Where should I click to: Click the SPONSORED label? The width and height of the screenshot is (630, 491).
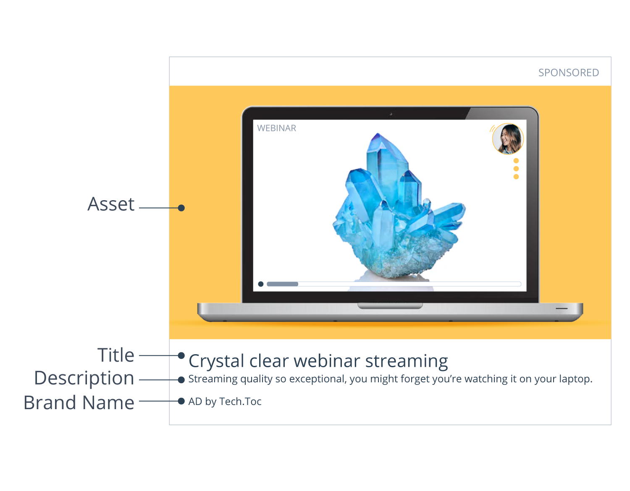coord(568,73)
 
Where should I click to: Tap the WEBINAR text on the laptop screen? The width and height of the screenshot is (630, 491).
coord(276,128)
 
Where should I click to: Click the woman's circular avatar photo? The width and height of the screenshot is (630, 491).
coord(508,139)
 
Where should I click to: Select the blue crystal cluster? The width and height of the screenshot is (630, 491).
coord(399,206)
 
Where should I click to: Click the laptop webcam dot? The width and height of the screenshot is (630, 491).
coord(391,114)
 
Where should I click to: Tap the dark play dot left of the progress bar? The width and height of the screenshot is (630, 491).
coord(261,284)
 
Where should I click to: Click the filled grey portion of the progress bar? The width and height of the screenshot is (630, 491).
coord(282,284)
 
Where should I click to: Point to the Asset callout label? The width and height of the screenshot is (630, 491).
coord(111,204)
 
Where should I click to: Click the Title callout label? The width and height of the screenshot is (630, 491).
coord(115,355)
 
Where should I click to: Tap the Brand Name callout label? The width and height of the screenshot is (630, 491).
coord(79,402)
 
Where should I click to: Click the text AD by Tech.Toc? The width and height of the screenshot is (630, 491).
coord(225,402)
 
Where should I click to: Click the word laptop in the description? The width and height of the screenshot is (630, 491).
coord(575,379)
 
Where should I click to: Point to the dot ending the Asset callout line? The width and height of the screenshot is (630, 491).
coord(181,208)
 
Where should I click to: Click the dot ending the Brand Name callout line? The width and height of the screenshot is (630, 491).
coord(181,401)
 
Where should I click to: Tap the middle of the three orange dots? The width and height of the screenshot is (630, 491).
coord(516,169)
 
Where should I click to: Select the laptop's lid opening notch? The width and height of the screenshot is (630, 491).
coord(390,306)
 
